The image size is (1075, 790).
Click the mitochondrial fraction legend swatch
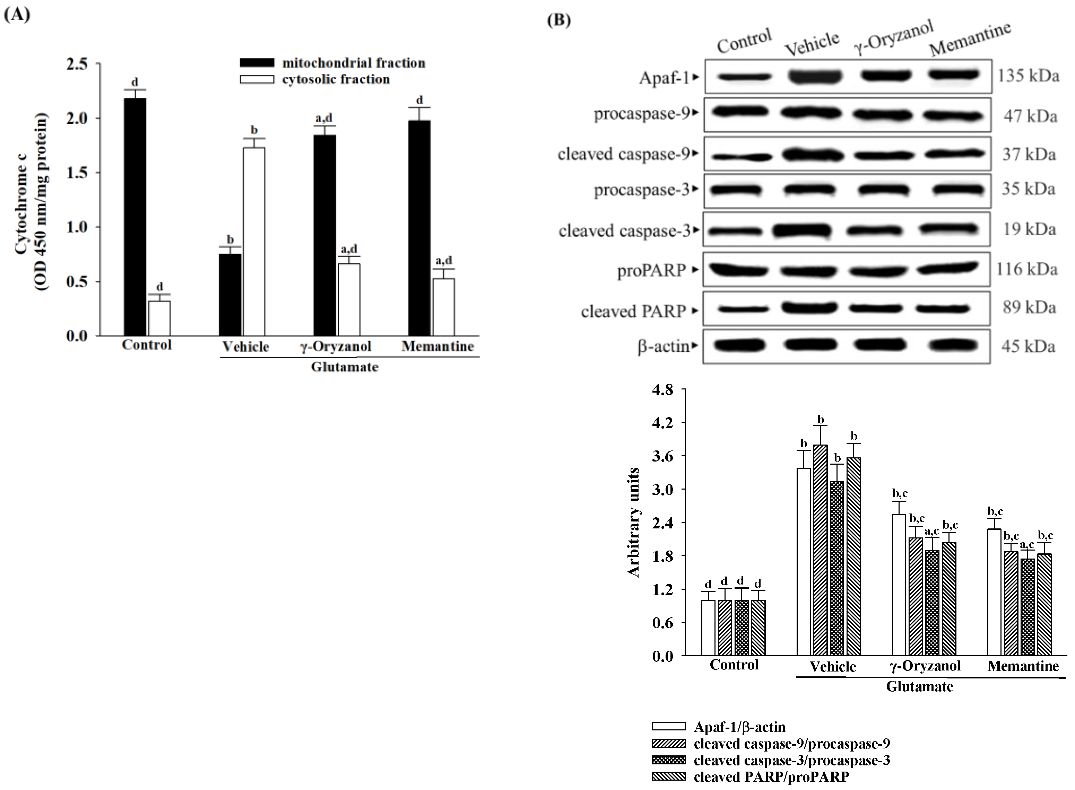point(257,63)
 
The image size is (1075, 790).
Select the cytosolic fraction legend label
point(336,79)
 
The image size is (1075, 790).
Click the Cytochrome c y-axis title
point(31,201)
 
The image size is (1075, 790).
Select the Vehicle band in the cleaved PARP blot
point(809,307)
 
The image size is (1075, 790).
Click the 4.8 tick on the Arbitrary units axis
point(662,390)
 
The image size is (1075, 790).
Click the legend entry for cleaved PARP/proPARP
point(771,776)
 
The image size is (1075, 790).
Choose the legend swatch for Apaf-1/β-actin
point(668,726)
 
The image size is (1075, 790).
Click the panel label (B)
point(559,20)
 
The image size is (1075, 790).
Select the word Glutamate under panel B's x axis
point(919,687)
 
